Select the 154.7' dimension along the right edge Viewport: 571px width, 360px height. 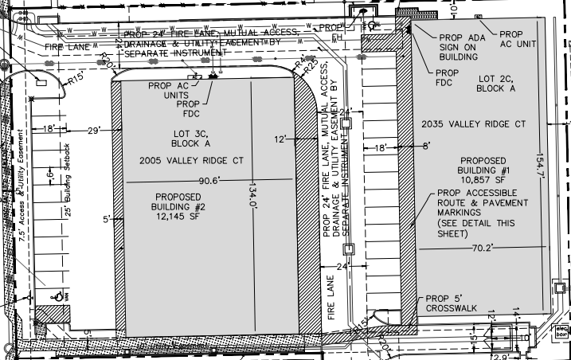point(541,170)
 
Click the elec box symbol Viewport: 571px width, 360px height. point(561,333)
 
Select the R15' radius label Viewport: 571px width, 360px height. point(76,79)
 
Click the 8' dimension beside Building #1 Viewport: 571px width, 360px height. point(427,146)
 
